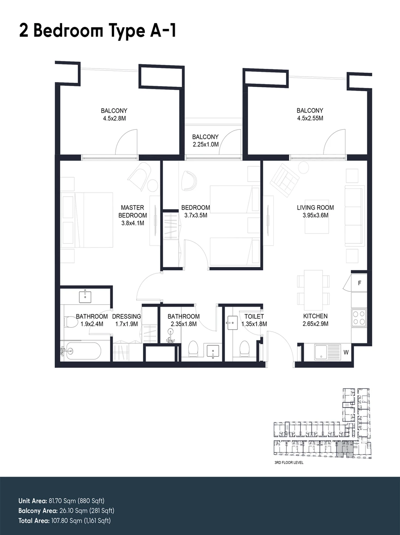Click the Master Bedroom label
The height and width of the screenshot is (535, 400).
[x=133, y=211]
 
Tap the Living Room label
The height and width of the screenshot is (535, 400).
[x=315, y=208]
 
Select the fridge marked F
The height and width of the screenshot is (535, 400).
[x=359, y=283]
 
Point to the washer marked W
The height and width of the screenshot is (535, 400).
[x=346, y=352]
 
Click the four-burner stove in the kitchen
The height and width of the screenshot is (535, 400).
[x=359, y=317]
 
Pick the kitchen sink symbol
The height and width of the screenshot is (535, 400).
[x=327, y=352]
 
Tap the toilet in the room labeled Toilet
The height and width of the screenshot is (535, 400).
[x=244, y=348]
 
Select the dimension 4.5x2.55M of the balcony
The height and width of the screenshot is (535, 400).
[x=310, y=118]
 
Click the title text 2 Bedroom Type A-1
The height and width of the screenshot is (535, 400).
[x=97, y=31]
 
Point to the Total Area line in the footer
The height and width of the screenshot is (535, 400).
[x=64, y=521]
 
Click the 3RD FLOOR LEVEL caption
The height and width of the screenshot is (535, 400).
[x=289, y=463]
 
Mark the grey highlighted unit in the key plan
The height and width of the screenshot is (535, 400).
[x=345, y=449]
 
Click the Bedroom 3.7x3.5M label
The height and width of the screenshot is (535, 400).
[x=196, y=211]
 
